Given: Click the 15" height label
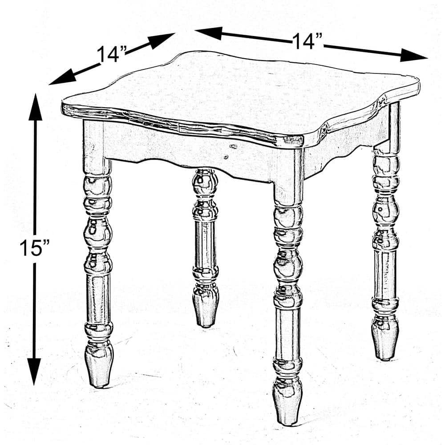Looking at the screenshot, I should (35, 247).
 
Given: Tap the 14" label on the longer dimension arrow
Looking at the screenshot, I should (307, 41).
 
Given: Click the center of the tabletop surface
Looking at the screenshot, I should (240, 96).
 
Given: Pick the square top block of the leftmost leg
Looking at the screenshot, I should (94, 147).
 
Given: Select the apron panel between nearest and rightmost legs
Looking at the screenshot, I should (338, 147).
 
